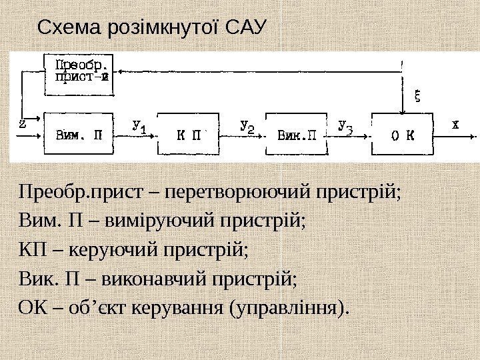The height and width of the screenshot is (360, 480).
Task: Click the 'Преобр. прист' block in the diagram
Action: tap(81, 70)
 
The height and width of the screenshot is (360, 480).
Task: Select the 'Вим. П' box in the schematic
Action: tap(79, 135)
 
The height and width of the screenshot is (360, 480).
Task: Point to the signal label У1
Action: tap(139, 125)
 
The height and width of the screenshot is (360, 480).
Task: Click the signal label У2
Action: tap(247, 125)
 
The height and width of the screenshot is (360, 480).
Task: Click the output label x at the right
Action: tap(455, 124)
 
